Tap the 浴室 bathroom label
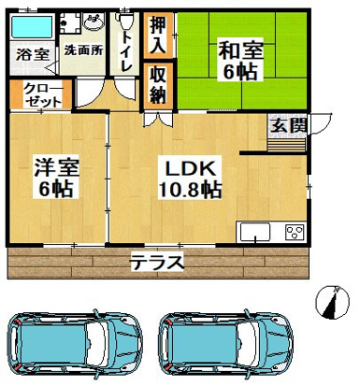(x=32, y=55)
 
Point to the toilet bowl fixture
(x=127, y=18)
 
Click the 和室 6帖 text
(x=240, y=59)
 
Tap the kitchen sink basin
(x=255, y=233)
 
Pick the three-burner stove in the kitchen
(x=295, y=233)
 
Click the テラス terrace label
(x=155, y=262)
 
